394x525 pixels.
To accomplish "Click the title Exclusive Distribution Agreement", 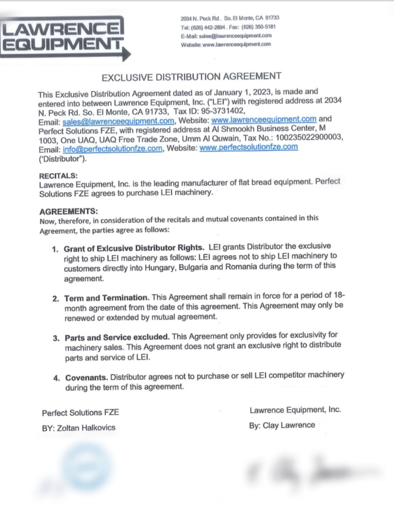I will tap(191, 77).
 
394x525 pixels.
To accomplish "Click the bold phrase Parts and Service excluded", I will tap(117, 338).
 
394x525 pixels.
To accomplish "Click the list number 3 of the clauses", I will tap(56, 338).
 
